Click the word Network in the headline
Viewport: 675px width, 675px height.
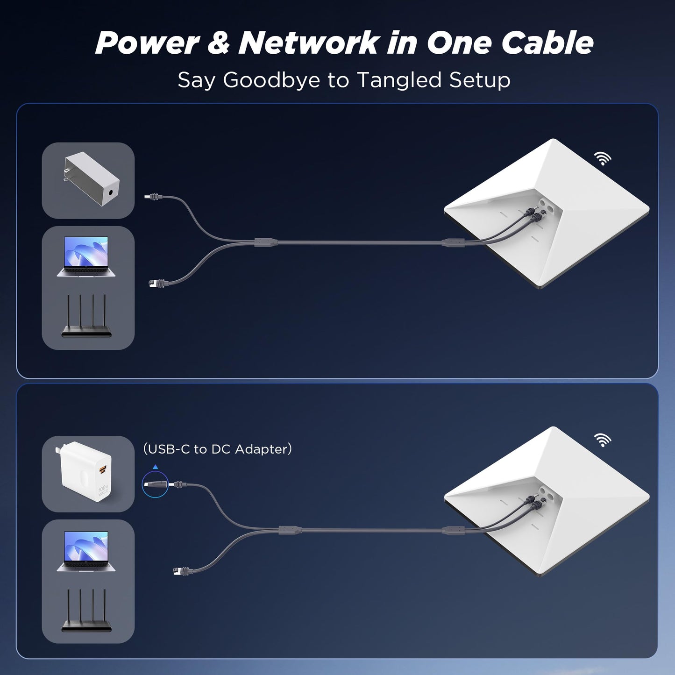point(308,43)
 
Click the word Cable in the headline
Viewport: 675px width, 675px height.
point(547,43)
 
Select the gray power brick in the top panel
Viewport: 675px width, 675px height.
point(91,179)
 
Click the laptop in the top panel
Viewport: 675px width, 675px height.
point(86,256)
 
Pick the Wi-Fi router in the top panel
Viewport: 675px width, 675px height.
point(86,316)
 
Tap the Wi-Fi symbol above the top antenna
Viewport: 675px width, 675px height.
point(603,159)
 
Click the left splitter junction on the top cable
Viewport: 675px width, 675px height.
point(266,242)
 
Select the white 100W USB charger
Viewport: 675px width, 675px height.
point(86,472)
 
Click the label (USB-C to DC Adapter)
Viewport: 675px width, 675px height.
point(217,449)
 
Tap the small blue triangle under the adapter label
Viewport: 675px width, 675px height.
point(156,467)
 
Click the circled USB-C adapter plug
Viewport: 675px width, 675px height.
point(155,484)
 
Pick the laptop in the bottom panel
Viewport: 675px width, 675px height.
point(86,551)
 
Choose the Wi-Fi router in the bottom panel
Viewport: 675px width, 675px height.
point(86,611)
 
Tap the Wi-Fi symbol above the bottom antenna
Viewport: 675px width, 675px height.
point(603,440)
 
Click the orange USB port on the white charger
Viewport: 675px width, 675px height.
point(102,469)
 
